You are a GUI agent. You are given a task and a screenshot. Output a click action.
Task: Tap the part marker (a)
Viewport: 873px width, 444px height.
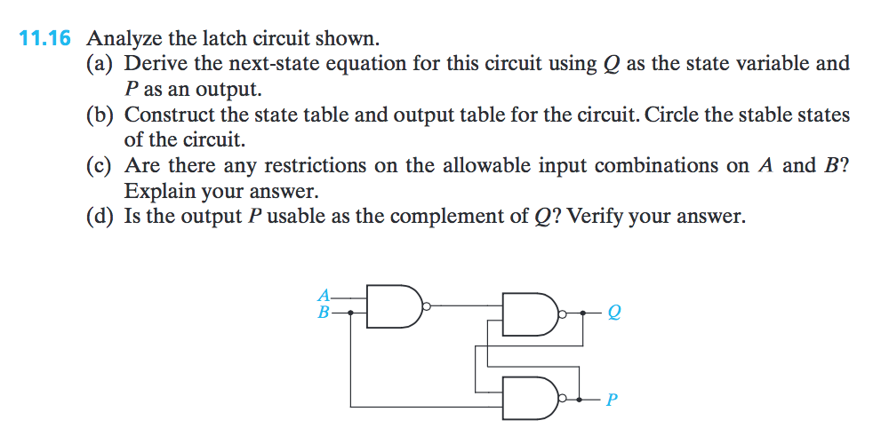point(101,64)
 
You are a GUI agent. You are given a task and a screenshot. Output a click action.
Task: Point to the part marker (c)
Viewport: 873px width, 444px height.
point(101,166)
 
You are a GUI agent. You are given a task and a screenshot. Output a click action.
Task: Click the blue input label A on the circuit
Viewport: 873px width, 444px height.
point(324,295)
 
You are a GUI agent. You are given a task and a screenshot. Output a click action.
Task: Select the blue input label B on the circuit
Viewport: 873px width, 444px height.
point(324,312)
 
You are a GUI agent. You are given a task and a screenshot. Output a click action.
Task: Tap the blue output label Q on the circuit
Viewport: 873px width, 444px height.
point(613,313)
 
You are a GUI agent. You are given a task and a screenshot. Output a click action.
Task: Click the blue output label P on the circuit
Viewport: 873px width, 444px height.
point(611,400)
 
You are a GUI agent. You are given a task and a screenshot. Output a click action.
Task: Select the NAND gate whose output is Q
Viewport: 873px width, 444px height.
point(530,313)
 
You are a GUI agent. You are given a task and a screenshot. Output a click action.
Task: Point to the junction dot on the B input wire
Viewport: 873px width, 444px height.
point(350,313)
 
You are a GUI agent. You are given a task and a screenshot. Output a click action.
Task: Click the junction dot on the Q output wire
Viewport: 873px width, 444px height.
point(583,313)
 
